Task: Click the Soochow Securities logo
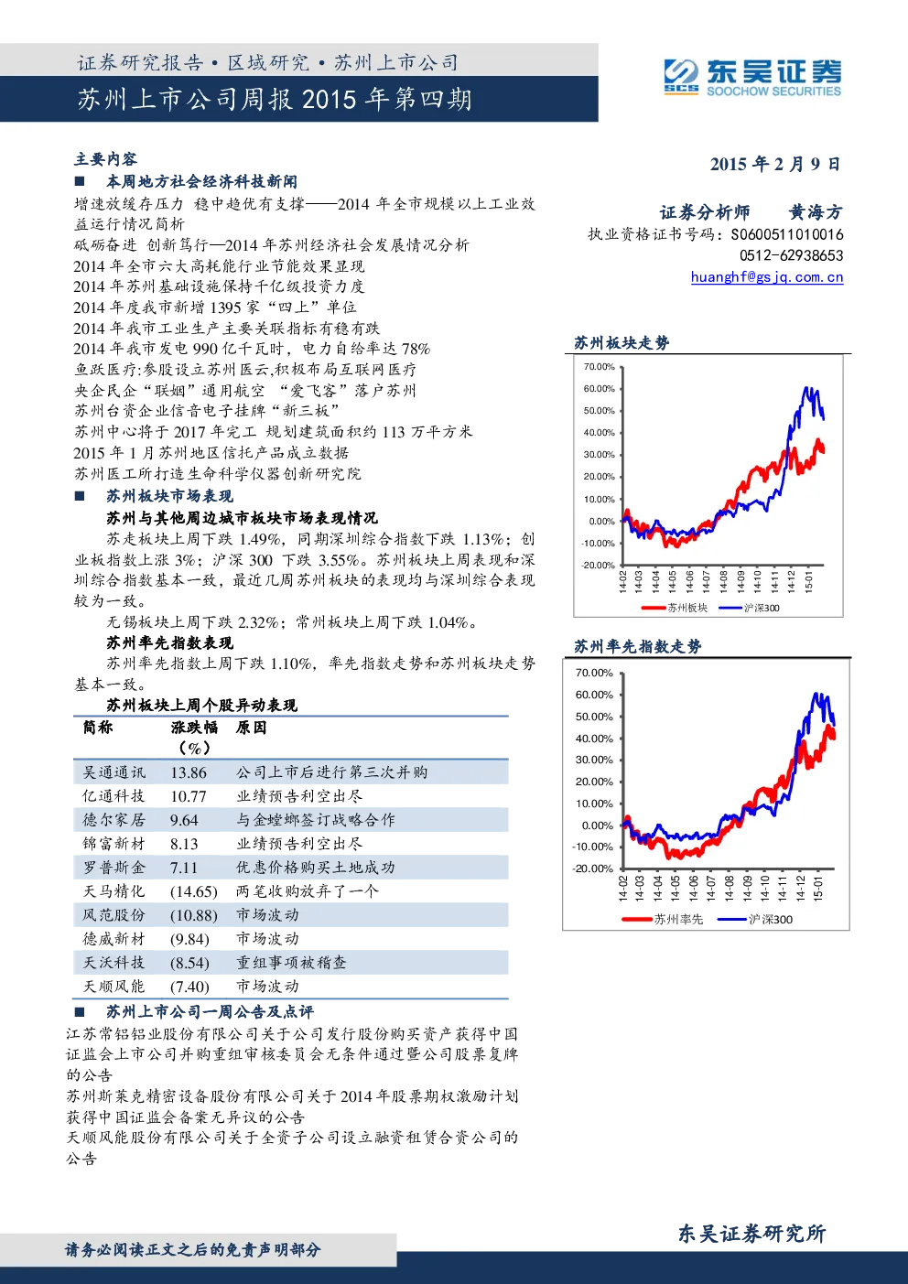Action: click(752, 77)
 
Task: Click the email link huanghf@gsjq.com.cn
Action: click(767, 277)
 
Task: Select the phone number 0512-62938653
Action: click(791, 255)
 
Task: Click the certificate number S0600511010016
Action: click(787, 234)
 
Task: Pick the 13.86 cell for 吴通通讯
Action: click(188, 772)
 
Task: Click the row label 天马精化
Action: click(113, 891)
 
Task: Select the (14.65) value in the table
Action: click(194, 892)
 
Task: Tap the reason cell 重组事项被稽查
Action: click(292, 963)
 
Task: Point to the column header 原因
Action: click(252, 728)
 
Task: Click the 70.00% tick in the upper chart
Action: click(599, 367)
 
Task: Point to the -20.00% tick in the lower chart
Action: click(593, 869)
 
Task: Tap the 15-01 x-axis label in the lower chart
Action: click(818, 889)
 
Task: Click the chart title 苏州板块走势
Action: click(622, 343)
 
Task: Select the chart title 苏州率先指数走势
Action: click(638, 647)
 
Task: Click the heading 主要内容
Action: click(105, 158)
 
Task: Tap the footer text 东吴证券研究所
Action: click(752, 1233)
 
